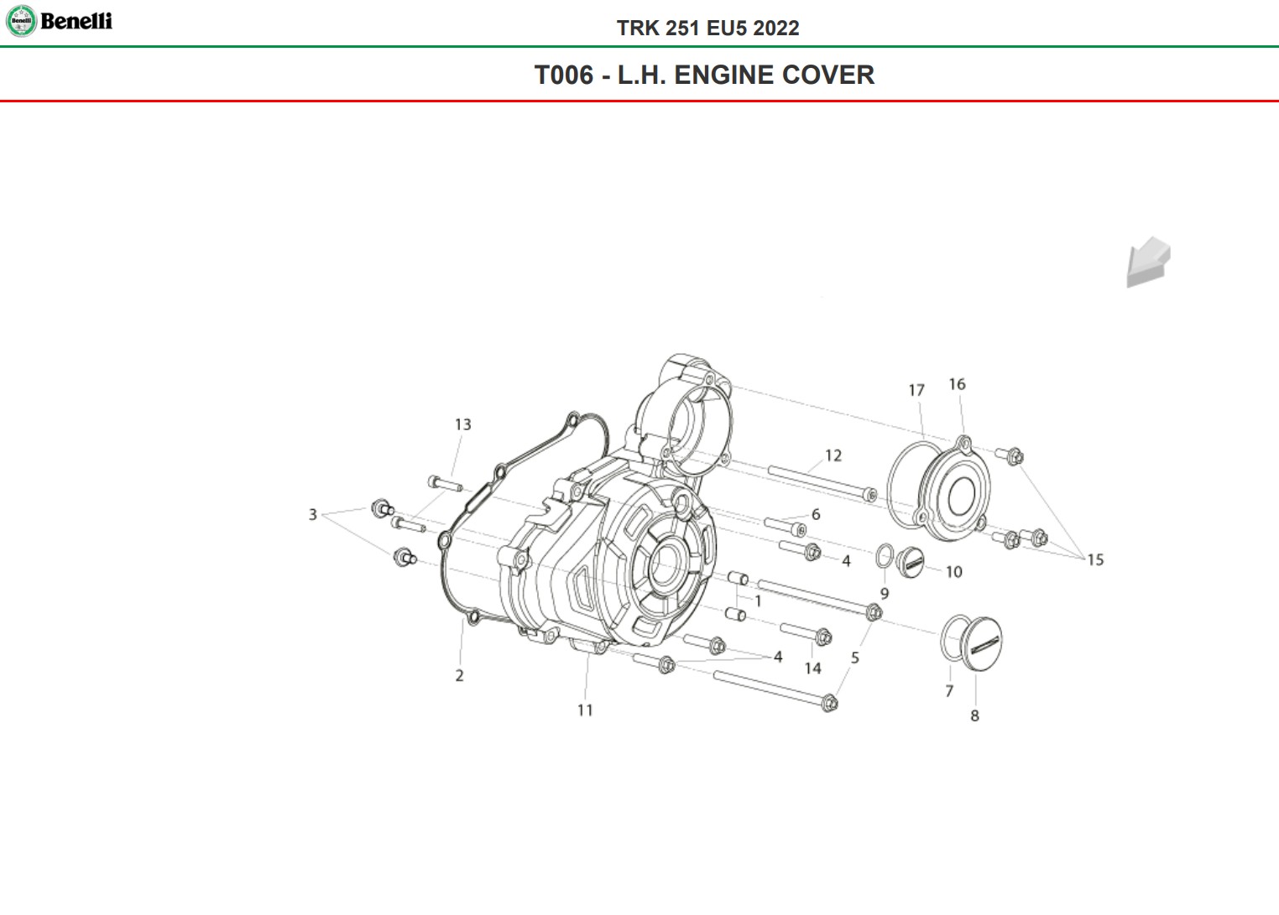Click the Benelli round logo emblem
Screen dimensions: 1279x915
[21, 21]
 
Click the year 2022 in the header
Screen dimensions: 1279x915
[775, 28]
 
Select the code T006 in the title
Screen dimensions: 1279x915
[564, 75]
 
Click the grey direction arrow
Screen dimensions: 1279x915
[1148, 262]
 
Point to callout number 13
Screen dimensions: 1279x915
[463, 424]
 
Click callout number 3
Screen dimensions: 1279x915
[312, 515]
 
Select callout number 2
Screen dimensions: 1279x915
[459, 675]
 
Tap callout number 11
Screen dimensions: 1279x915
[585, 710]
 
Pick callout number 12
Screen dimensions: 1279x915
[833, 455]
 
